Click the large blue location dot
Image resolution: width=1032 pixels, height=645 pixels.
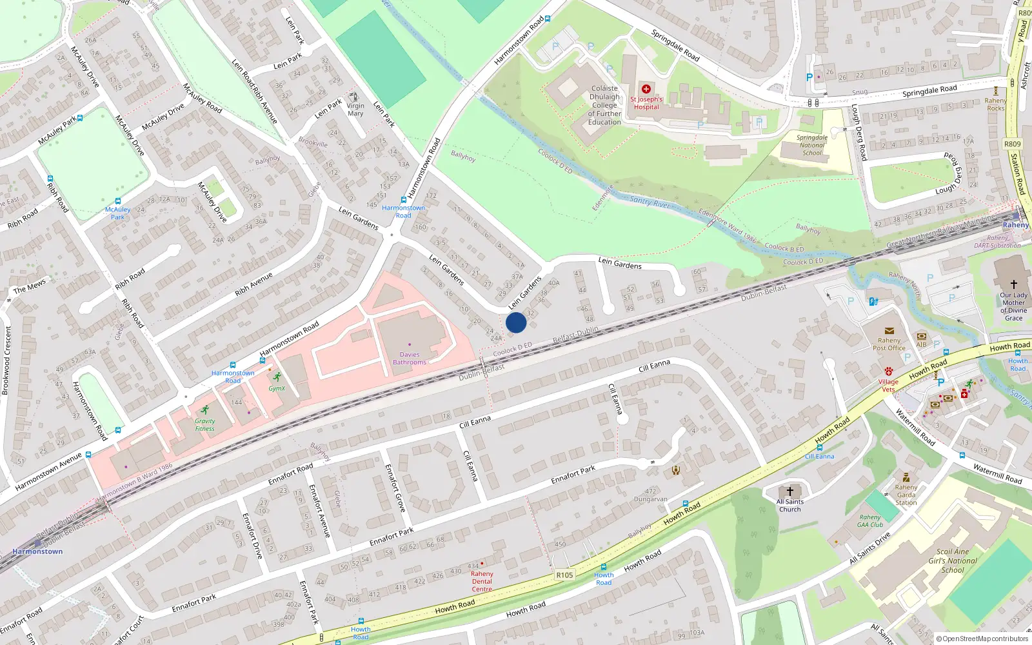(x=516, y=322)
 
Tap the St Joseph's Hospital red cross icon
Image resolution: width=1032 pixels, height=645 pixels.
(x=646, y=89)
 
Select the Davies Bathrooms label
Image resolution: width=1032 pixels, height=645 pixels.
(x=410, y=359)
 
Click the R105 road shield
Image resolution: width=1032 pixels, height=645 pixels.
(x=564, y=575)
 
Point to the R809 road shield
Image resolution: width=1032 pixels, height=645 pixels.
(x=1012, y=144)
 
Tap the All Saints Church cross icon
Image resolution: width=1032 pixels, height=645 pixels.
(x=789, y=491)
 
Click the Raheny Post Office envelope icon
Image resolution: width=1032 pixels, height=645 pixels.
(x=889, y=331)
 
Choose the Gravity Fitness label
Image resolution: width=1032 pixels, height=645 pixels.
(x=205, y=424)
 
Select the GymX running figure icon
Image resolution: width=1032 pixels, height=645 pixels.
(x=277, y=377)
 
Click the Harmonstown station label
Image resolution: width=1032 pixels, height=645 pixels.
(x=37, y=551)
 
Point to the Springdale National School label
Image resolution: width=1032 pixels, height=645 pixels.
(x=812, y=145)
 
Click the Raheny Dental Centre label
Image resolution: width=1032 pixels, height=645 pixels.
(x=482, y=581)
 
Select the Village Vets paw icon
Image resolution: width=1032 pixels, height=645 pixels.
(x=889, y=372)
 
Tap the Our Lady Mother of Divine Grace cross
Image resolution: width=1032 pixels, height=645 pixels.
(x=1013, y=284)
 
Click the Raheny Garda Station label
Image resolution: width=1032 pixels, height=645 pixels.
(x=906, y=495)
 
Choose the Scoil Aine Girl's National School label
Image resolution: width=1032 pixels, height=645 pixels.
(x=953, y=561)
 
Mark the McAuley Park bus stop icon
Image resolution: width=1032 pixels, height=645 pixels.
(x=117, y=201)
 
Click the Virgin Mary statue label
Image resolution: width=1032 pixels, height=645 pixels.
(x=355, y=110)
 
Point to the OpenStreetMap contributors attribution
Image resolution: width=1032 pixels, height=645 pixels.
(x=982, y=639)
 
